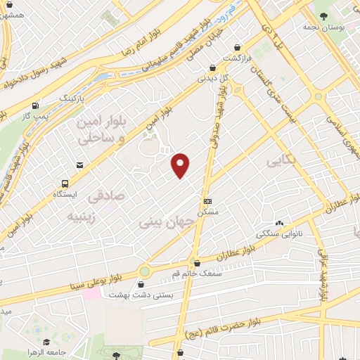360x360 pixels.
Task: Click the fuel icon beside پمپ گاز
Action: [35, 103]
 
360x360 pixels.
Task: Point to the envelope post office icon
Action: [79, 165]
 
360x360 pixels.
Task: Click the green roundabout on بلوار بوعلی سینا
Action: [145, 270]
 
